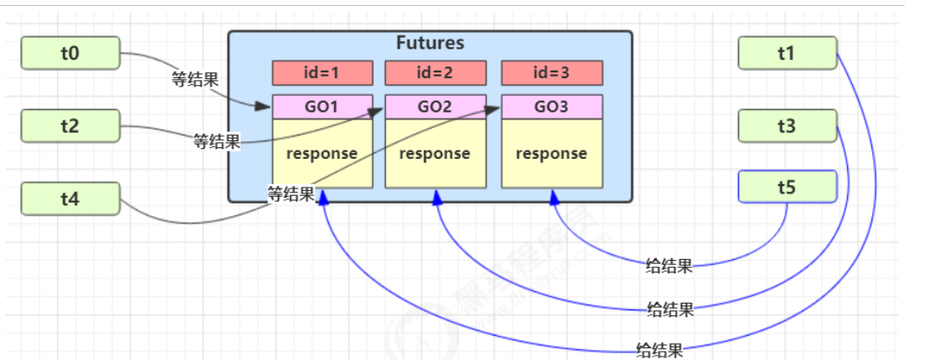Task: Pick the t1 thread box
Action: pyautogui.click(x=786, y=54)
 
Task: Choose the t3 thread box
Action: pyautogui.click(x=786, y=127)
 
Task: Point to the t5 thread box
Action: pyautogui.click(x=786, y=186)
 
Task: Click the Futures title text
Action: pyautogui.click(x=430, y=43)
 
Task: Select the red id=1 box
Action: pyautogui.click(x=322, y=73)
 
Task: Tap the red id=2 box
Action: pyautogui.click(x=435, y=73)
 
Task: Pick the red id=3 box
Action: pyautogui.click(x=552, y=73)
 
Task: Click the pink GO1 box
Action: pyautogui.click(x=322, y=107)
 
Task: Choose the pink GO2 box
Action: pyautogui.click(x=435, y=107)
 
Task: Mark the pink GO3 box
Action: pyautogui.click(x=552, y=107)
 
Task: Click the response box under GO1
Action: pyautogui.click(x=322, y=154)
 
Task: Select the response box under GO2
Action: pyautogui.click(x=435, y=154)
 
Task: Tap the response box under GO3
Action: pyautogui.click(x=552, y=154)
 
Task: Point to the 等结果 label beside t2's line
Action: pyautogui.click(x=216, y=141)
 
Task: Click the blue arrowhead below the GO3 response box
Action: pyautogui.click(x=553, y=196)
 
